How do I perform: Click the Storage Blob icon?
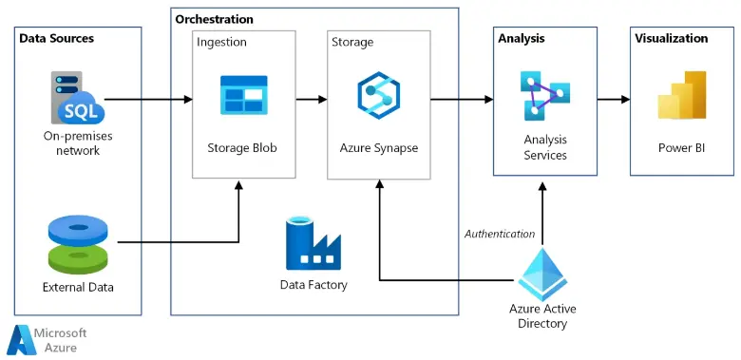point(244,95)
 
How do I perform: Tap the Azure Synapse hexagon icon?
point(378,95)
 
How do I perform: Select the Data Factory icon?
point(313,243)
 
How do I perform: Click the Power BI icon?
point(681,95)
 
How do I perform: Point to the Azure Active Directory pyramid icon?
point(542,273)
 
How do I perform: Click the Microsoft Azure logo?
point(47,339)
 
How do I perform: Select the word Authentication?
point(499,233)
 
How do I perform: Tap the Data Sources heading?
point(57,38)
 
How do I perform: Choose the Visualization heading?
point(671,38)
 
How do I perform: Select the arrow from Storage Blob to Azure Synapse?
point(311,99)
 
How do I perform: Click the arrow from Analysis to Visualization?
point(613,99)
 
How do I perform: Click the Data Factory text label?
point(313,284)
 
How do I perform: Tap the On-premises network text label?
point(77,142)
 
